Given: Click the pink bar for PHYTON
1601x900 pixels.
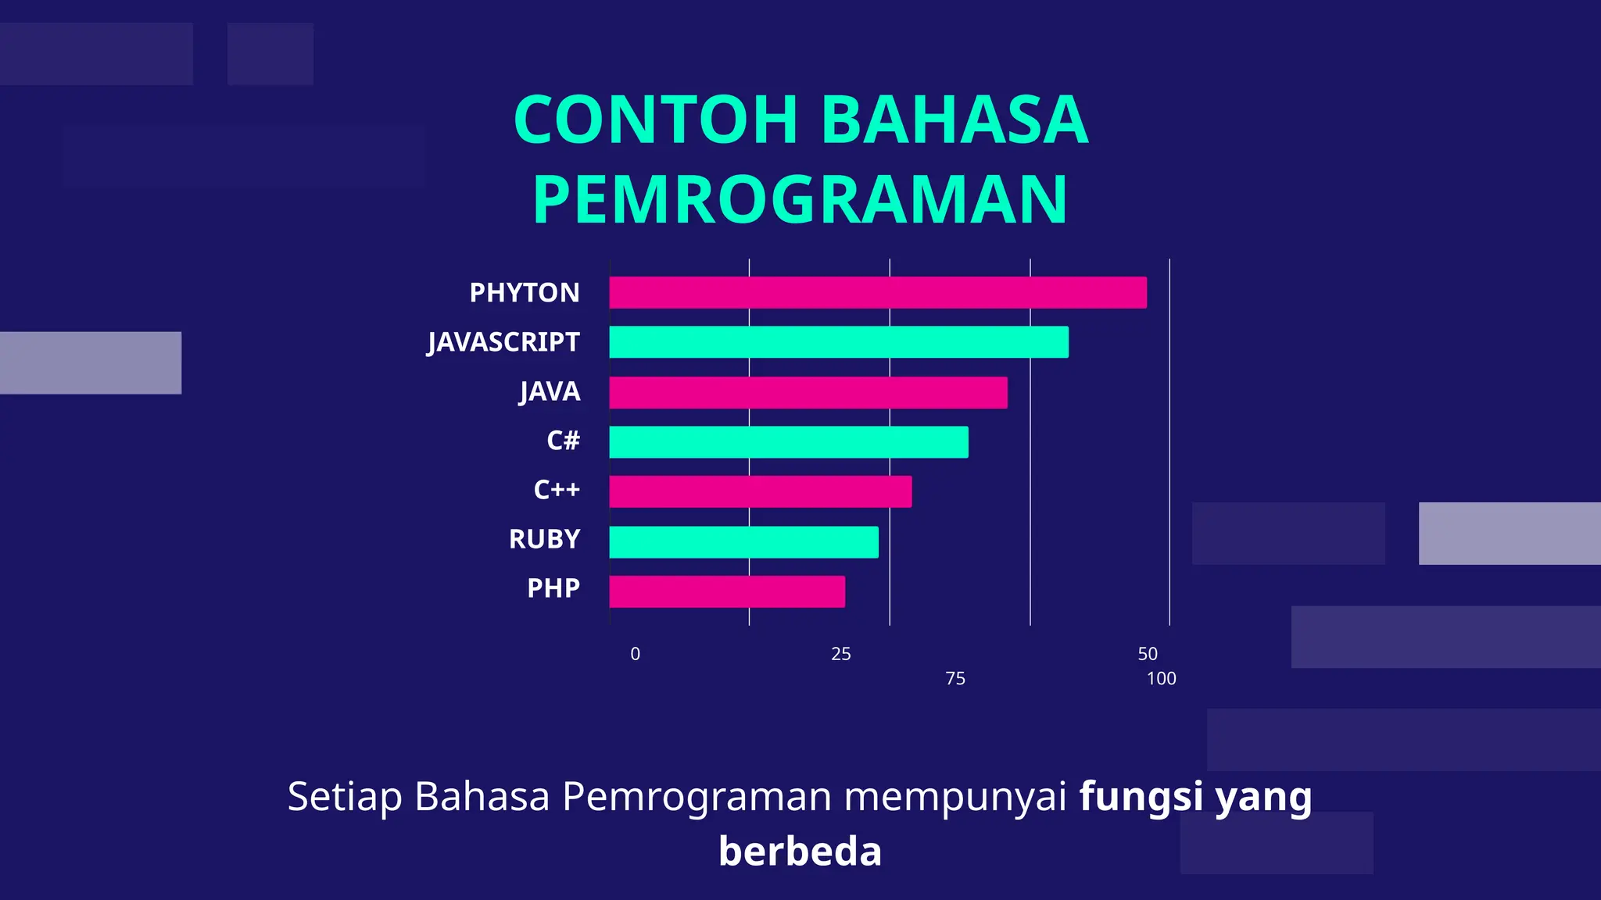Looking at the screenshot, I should click(878, 292).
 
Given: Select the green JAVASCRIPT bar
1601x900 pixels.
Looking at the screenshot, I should click(839, 342).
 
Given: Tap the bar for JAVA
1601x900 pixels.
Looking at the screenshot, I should click(808, 392).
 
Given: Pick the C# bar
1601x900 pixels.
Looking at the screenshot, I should click(789, 442).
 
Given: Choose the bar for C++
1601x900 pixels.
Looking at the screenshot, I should click(761, 491).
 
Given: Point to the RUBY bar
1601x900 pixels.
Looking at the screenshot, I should click(743, 542).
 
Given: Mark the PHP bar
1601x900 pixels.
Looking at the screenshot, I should click(727, 591).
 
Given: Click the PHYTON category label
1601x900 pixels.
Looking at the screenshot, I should click(525, 292).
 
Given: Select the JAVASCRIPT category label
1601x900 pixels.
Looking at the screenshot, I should click(503, 342).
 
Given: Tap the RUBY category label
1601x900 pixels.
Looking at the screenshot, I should click(544, 539).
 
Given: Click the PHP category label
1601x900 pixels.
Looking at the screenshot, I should click(553, 588).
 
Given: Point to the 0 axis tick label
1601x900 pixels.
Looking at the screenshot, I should click(636, 654).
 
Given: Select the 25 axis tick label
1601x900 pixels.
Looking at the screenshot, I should click(841, 654).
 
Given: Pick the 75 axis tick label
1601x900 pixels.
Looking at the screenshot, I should click(955, 679).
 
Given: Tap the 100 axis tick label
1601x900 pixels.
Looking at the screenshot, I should click(1162, 679).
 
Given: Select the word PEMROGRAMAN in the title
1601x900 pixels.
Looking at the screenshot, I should click(800, 199).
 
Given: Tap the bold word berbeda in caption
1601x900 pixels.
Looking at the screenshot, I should click(800, 851).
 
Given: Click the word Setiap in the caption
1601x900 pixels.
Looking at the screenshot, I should click(345, 797).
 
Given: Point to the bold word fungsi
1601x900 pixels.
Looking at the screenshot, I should click(1141, 797).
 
